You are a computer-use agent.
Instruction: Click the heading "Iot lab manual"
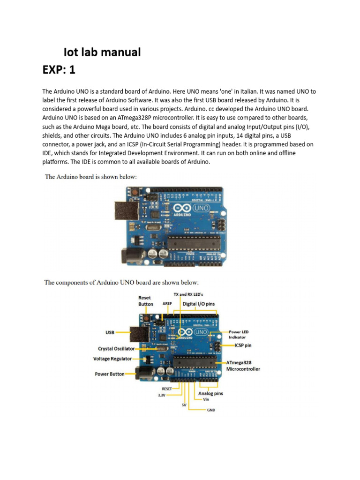click(102, 52)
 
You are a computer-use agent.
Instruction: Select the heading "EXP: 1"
click(59, 70)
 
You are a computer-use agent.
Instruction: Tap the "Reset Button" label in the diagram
click(145, 301)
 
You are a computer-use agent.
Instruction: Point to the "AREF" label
click(167, 304)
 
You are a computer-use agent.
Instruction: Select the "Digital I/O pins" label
click(199, 304)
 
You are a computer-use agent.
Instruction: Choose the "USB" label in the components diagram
click(110, 332)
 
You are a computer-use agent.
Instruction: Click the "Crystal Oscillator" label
click(116, 349)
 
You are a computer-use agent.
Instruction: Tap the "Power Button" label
click(110, 374)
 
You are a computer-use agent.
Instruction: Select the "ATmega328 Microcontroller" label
click(243, 366)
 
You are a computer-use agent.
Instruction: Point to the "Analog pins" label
click(210, 394)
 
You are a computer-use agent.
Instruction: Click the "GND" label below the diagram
click(211, 410)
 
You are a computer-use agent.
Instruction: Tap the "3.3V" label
click(162, 395)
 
